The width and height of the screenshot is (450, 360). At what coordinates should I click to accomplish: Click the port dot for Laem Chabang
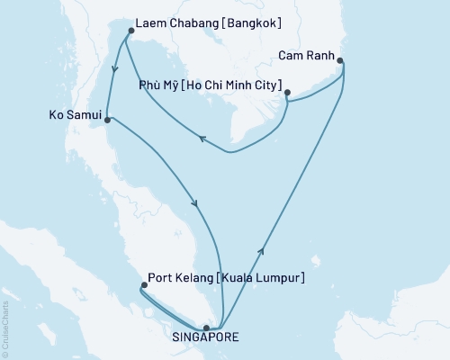coord(131,31)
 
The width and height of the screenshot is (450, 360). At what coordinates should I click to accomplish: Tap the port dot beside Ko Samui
coord(108,117)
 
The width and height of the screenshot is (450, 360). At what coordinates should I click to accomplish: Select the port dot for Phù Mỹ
coord(286,93)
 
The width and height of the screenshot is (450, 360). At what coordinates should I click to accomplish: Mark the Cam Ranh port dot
coord(340,60)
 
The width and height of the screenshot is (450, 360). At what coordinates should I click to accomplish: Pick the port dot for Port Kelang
coord(143,286)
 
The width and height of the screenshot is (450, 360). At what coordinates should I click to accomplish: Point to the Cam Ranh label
coord(305,53)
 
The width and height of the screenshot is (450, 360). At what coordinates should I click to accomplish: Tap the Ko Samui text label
coord(72,114)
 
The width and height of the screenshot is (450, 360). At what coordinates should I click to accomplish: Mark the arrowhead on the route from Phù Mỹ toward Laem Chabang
coord(202,139)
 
